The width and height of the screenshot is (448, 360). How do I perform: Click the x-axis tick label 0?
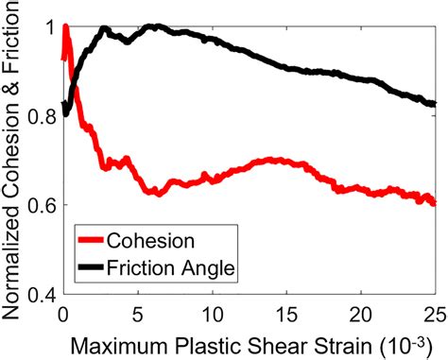[61, 310]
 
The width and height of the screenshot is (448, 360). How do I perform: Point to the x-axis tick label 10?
[212, 310]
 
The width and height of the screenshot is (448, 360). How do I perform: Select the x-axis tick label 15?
[286, 310]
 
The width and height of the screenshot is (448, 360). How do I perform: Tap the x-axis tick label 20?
[361, 310]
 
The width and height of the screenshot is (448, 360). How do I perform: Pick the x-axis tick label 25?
[434, 310]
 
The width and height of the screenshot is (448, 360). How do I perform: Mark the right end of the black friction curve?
[434, 104]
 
